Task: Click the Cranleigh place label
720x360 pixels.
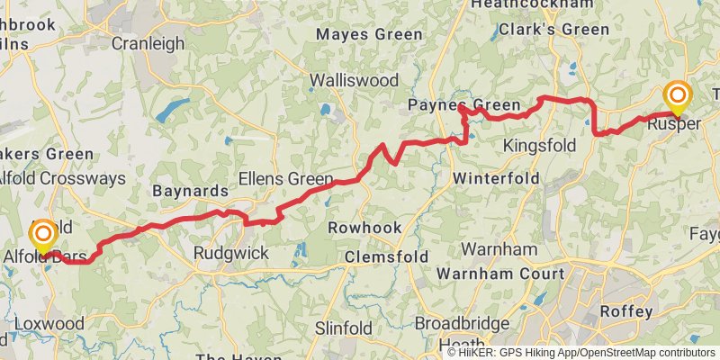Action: pyautogui.click(x=148, y=43)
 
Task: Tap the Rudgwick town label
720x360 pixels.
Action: pyautogui.click(x=231, y=254)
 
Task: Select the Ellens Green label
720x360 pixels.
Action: pyautogui.click(x=285, y=178)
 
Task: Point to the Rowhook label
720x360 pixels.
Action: pyautogui.click(x=364, y=228)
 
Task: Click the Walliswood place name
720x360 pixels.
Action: pyautogui.click(x=355, y=80)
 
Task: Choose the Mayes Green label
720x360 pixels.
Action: pyautogui.click(x=369, y=35)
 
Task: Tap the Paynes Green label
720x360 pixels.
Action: pyautogui.click(x=464, y=104)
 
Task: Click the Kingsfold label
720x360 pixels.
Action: pyautogui.click(x=539, y=145)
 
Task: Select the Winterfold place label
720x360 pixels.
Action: pyautogui.click(x=496, y=178)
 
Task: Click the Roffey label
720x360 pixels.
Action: pyautogui.click(x=626, y=311)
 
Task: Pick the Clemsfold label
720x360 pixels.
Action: pyautogui.click(x=387, y=257)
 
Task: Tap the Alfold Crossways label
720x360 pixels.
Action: pyautogui.click(x=63, y=178)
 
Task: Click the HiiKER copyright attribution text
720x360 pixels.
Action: pyautogui.click(x=581, y=353)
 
